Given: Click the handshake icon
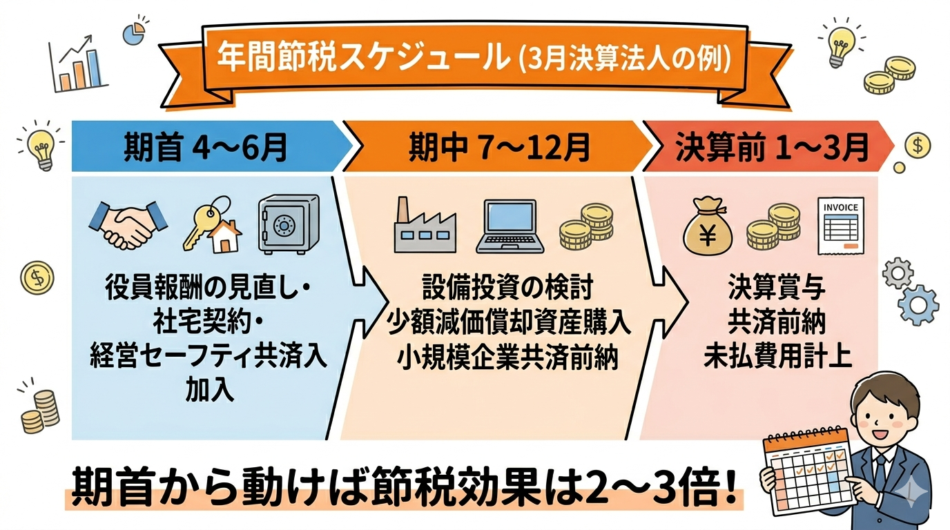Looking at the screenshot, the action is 129,224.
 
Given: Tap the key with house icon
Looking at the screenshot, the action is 211,224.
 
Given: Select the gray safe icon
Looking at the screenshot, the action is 289,224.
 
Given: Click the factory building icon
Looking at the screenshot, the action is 423,225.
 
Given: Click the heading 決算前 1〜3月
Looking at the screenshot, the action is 771,148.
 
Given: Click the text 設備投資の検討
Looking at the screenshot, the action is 507,286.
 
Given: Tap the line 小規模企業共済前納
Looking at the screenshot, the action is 507,359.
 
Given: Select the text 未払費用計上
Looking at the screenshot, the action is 777,357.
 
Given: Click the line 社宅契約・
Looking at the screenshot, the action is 208,320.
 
